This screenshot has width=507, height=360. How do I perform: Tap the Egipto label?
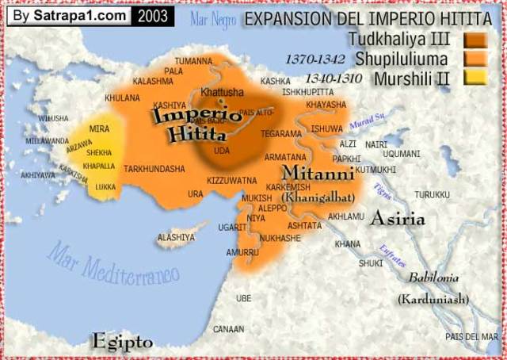(x=122, y=342)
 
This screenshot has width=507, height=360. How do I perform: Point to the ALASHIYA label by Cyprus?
(x=176, y=237)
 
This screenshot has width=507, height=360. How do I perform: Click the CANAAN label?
(x=229, y=328)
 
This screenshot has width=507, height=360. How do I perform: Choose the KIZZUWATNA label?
(x=232, y=181)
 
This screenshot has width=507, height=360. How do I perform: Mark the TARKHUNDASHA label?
(x=154, y=169)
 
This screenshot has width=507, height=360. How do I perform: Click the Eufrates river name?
(x=388, y=255)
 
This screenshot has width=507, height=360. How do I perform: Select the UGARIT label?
(x=232, y=228)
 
